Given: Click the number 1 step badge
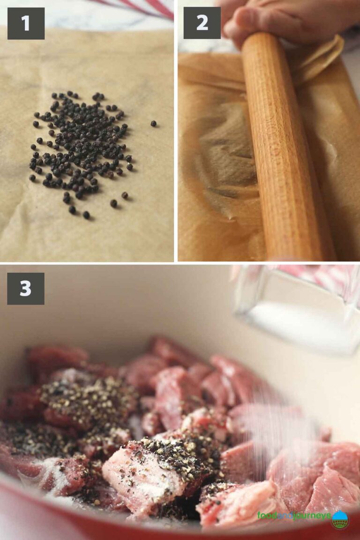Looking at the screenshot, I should tap(26, 23).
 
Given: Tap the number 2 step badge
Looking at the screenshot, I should tap(202, 23).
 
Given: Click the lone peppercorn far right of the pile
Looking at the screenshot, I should tap(153, 124).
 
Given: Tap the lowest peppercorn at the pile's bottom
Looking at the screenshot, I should tap(86, 215).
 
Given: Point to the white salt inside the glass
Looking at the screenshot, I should tap(291, 323).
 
